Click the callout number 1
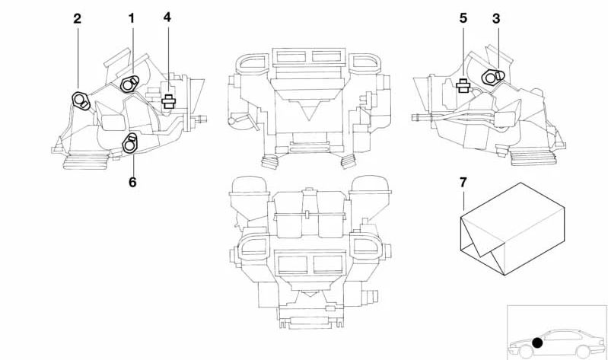132,18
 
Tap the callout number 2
78,18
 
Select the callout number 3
496,18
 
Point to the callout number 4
167,17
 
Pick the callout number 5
463,18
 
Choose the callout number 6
132,182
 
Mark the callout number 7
463,183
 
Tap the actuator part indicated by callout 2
81,100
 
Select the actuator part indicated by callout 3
492,77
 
